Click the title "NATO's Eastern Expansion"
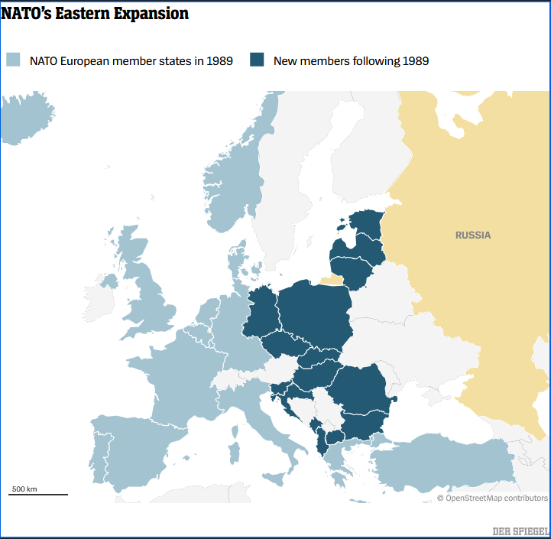click(x=95, y=14)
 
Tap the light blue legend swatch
click(x=13, y=60)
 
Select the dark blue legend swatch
click(x=257, y=60)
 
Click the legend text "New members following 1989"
click(x=351, y=61)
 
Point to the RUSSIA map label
click(x=473, y=235)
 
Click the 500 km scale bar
click(x=38, y=494)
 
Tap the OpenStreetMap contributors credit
click(x=492, y=498)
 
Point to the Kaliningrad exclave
click(x=332, y=280)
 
